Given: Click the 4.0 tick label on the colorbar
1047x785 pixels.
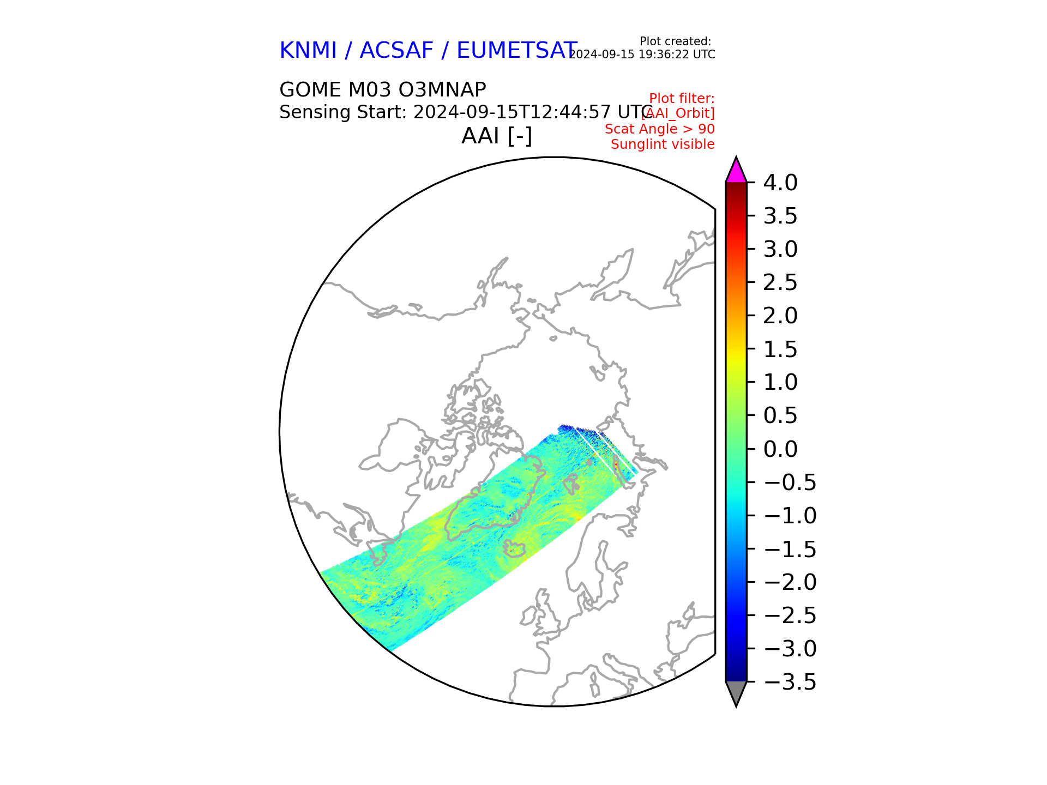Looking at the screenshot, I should click(x=780, y=183).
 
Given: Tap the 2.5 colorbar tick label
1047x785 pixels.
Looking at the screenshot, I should click(x=780, y=283).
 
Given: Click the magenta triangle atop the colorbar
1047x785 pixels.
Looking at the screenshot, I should click(x=736, y=171).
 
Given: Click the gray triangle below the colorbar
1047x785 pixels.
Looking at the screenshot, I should click(x=736, y=692).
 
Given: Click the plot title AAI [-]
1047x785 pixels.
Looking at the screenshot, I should click(x=496, y=136).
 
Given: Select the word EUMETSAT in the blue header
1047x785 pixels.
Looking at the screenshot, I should click(x=516, y=51).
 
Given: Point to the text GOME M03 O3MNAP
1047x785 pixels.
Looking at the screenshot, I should click(x=382, y=90).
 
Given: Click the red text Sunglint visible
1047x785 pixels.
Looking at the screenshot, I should click(x=663, y=144).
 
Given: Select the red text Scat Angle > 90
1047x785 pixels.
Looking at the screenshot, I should click(x=659, y=129).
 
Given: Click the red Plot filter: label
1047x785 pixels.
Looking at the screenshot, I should click(x=682, y=99).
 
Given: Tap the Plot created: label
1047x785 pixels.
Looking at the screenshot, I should click(x=675, y=41).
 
